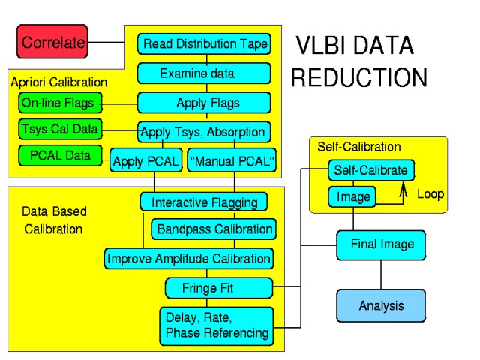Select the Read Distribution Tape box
204,43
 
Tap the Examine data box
204,73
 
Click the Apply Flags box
204,103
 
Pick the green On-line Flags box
58,103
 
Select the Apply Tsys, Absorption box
204,132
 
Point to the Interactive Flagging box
204,202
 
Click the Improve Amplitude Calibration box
189,259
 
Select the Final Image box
382,244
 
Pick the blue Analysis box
381,305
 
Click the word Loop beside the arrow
430,194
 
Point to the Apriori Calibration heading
58,82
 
